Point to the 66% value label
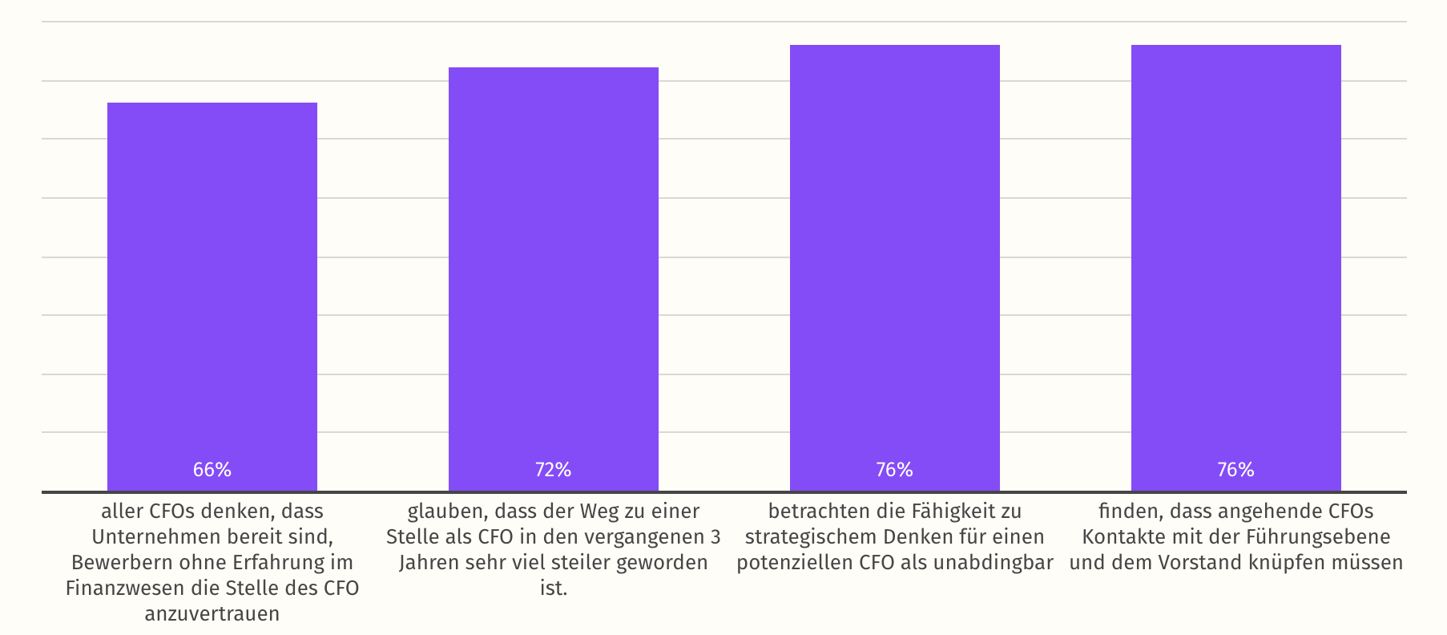212,470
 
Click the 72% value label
554,470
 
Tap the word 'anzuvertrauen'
212,613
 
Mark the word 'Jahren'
429,562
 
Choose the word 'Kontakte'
1119,536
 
